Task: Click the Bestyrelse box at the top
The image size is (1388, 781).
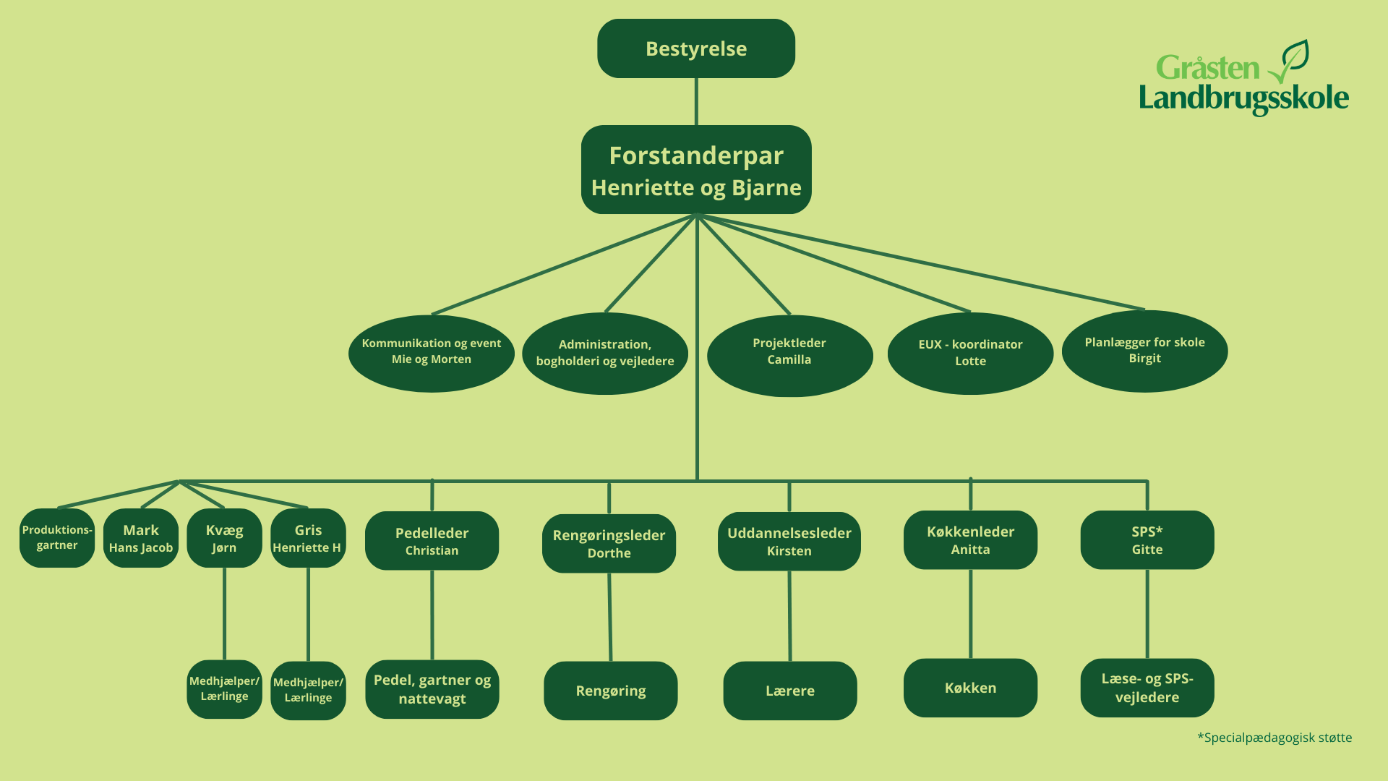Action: (696, 48)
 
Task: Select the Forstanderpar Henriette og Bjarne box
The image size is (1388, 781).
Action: (696, 170)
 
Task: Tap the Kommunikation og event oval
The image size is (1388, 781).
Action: (432, 353)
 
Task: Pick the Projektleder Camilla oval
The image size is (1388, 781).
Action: (789, 355)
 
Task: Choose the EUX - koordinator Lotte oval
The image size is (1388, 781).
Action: (970, 354)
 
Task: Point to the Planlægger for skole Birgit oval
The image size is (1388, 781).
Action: (1144, 351)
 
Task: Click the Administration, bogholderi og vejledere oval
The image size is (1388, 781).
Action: (605, 354)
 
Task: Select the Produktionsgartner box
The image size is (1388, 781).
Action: (57, 538)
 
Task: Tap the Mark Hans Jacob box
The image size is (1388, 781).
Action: (141, 538)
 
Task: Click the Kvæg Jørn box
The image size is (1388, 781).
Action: (224, 538)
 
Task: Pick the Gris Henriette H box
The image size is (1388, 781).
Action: (308, 538)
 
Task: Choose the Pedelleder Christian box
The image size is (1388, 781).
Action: (432, 541)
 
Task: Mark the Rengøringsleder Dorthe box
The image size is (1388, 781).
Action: (609, 543)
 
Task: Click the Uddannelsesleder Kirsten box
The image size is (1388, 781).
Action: (789, 542)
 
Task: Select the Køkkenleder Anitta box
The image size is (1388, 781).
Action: (970, 540)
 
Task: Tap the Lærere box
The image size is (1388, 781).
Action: (789, 691)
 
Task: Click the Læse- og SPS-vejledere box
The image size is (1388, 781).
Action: (1147, 688)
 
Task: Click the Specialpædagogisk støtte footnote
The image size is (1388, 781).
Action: (1275, 738)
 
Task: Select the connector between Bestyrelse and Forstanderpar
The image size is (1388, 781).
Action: (696, 101)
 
